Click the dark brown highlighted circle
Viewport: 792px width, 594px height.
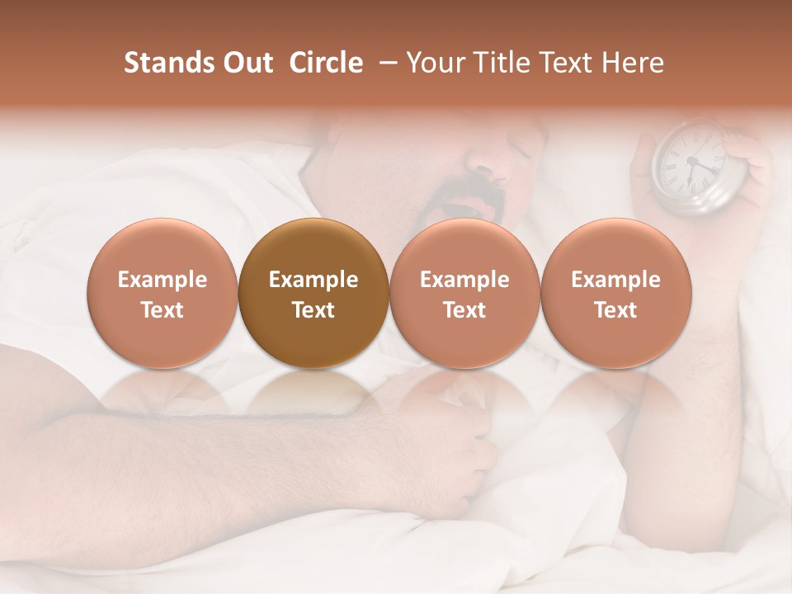pyautogui.click(x=313, y=294)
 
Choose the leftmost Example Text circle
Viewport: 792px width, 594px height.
pyautogui.click(x=163, y=294)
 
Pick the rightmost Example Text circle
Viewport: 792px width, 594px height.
pyautogui.click(x=615, y=294)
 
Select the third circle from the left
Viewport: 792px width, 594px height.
pyautogui.click(x=464, y=294)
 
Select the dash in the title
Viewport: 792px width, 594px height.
pyautogui.click(x=384, y=64)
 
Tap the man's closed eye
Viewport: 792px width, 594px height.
pyautogui.click(x=520, y=148)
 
